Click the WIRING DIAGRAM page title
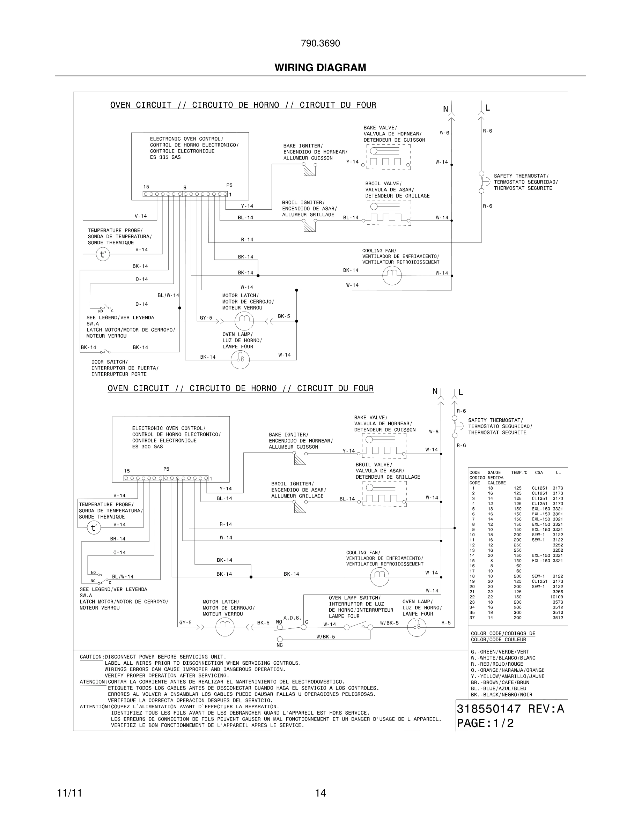click(320, 68)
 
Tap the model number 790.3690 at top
click(320, 44)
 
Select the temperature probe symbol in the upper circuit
click(103, 254)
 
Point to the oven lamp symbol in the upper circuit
click(240, 359)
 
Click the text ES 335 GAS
click(165, 157)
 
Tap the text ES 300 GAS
click(147, 447)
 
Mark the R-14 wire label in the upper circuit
click(247, 239)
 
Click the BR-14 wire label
click(118, 539)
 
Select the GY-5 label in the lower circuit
click(185, 622)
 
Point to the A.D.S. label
click(293, 618)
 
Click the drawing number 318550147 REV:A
click(510, 709)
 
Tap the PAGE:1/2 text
click(485, 723)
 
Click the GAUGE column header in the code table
click(494, 472)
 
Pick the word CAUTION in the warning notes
click(91, 657)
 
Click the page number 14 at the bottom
click(320, 793)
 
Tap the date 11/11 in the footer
click(69, 793)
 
